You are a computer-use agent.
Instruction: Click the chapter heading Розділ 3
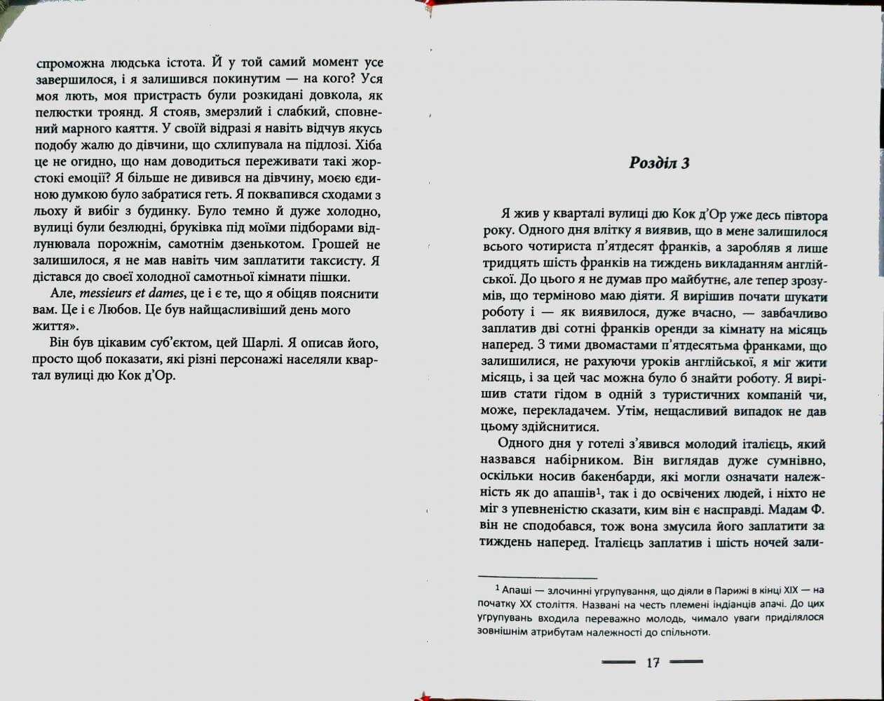(660, 163)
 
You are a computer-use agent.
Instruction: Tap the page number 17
(653, 662)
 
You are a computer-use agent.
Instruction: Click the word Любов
(117, 310)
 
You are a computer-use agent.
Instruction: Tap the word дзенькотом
(268, 245)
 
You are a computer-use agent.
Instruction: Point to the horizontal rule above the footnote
(537, 576)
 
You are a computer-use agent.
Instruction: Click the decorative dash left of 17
(618, 661)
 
